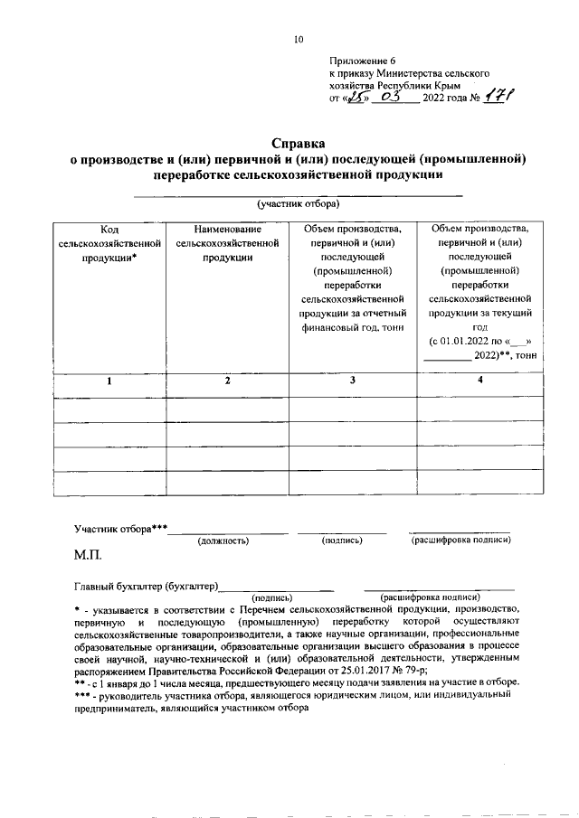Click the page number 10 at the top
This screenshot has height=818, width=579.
point(299,39)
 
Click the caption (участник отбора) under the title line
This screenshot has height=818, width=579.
point(298,205)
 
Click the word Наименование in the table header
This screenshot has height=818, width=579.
point(227,230)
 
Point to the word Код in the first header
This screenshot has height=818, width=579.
point(109,230)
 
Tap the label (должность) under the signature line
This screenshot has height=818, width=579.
point(223,540)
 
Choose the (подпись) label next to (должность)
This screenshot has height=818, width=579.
point(342,540)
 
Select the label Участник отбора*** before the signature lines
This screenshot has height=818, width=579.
point(121,528)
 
